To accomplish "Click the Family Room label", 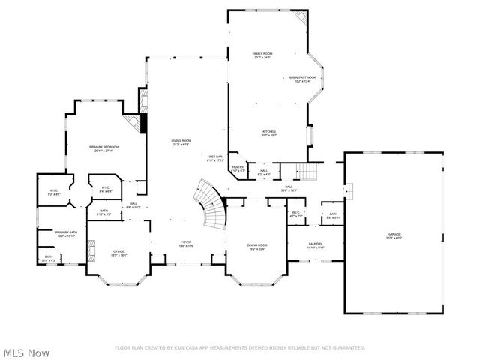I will click(262, 55).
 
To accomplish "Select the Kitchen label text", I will click(268, 132).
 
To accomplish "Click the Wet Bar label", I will click(216, 158).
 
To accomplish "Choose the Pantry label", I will click(237, 169).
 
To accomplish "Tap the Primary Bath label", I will click(66, 233).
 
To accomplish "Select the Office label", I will click(118, 253).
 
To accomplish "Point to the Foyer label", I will click(186, 243).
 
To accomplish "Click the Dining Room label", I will click(257, 247).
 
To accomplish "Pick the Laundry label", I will click(315, 244).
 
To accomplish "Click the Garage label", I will click(394, 235).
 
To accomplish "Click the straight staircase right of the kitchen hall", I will click(310, 172).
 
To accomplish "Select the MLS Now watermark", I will click(26, 352).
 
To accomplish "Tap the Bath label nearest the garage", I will click(333, 215).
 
